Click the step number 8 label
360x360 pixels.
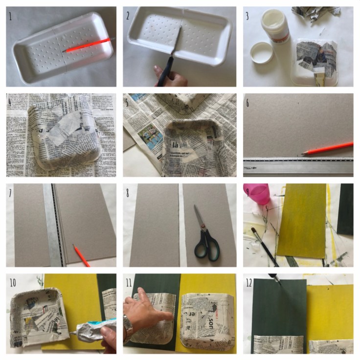pos(128,193)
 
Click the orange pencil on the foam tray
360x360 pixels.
pos(88,45)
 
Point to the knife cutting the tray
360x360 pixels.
pos(174,49)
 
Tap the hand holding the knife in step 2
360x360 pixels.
pos(164,76)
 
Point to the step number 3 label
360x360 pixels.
pos(247,16)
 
